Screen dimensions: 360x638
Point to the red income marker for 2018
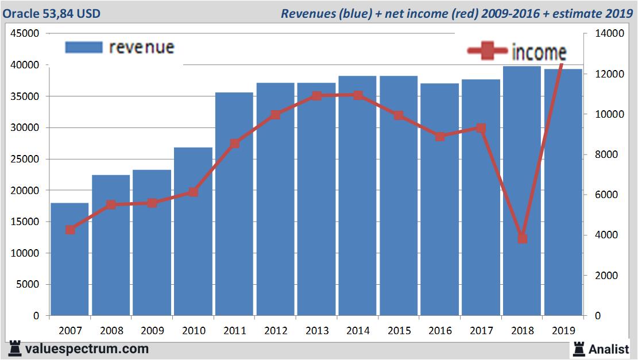[522, 238]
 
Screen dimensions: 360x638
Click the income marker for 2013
[316, 96]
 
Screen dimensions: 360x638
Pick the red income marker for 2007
[70, 230]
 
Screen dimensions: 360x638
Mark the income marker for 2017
[481, 128]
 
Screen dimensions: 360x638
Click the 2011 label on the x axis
[234, 331]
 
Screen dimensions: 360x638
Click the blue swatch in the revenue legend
[84, 47]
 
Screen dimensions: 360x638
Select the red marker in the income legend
[488, 52]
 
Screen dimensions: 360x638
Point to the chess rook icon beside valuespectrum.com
[15, 349]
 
